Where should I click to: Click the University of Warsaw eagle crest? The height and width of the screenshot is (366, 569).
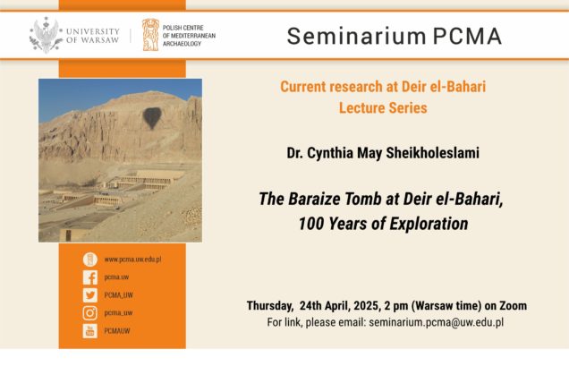tap(47, 35)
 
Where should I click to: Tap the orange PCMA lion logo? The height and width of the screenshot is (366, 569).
tap(150, 35)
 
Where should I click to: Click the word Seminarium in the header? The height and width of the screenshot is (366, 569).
tap(356, 36)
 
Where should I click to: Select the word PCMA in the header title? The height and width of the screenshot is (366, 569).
tap(467, 36)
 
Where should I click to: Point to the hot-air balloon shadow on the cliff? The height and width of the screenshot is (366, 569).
tap(152, 117)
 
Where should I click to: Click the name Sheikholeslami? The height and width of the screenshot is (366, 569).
tap(432, 153)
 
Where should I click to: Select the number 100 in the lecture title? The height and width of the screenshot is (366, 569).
tap(310, 224)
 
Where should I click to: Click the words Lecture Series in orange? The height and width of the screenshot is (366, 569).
tap(383, 108)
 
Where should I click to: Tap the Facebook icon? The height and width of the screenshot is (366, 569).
tap(90, 277)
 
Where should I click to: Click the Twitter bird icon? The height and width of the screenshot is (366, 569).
tap(90, 295)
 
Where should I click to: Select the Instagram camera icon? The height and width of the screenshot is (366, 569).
tap(90, 313)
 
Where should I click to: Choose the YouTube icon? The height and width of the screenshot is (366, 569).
tap(90, 331)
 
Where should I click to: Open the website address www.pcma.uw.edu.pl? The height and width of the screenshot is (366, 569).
tap(132, 260)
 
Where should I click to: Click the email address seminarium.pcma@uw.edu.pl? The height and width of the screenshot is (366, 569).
tap(437, 322)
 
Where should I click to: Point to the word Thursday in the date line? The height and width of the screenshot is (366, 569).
tap(270, 306)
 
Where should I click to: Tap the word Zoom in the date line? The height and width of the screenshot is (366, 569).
tap(514, 306)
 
